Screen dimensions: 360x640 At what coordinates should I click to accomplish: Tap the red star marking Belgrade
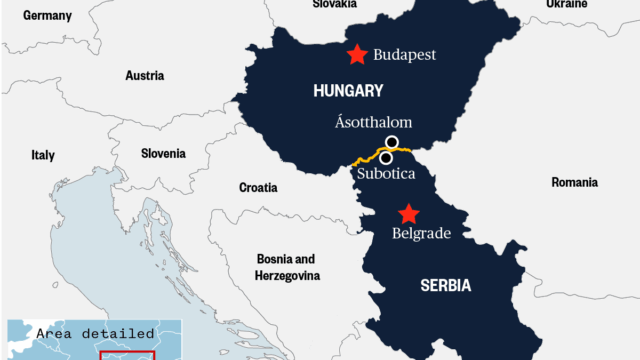(x=408, y=213)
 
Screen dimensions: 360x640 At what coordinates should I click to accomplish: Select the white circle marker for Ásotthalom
(x=392, y=142)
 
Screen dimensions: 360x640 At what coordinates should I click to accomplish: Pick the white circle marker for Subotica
(x=385, y=157)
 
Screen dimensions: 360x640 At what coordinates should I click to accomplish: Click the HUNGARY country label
(x=347, y=91)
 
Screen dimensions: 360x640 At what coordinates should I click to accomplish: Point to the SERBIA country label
(x=445, y=286)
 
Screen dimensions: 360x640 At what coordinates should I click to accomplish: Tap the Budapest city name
(x=405, y=56)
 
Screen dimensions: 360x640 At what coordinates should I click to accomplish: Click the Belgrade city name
(x=421, y=234)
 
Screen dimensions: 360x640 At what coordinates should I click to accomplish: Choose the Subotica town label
(x=385, y=176)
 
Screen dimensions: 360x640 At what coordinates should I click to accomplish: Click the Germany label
(x=48, y=16)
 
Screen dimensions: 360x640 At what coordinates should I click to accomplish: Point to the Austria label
(x=144, y=75)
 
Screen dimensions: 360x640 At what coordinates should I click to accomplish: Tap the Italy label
(x=43, y=155)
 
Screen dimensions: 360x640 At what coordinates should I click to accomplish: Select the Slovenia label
(x=162, y=154)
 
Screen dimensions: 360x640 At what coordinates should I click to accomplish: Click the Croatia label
(x=258, y=187)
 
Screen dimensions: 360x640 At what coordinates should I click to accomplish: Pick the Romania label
(x=574, y=183)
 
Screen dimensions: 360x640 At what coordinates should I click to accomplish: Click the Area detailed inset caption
(x=95, y=333)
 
